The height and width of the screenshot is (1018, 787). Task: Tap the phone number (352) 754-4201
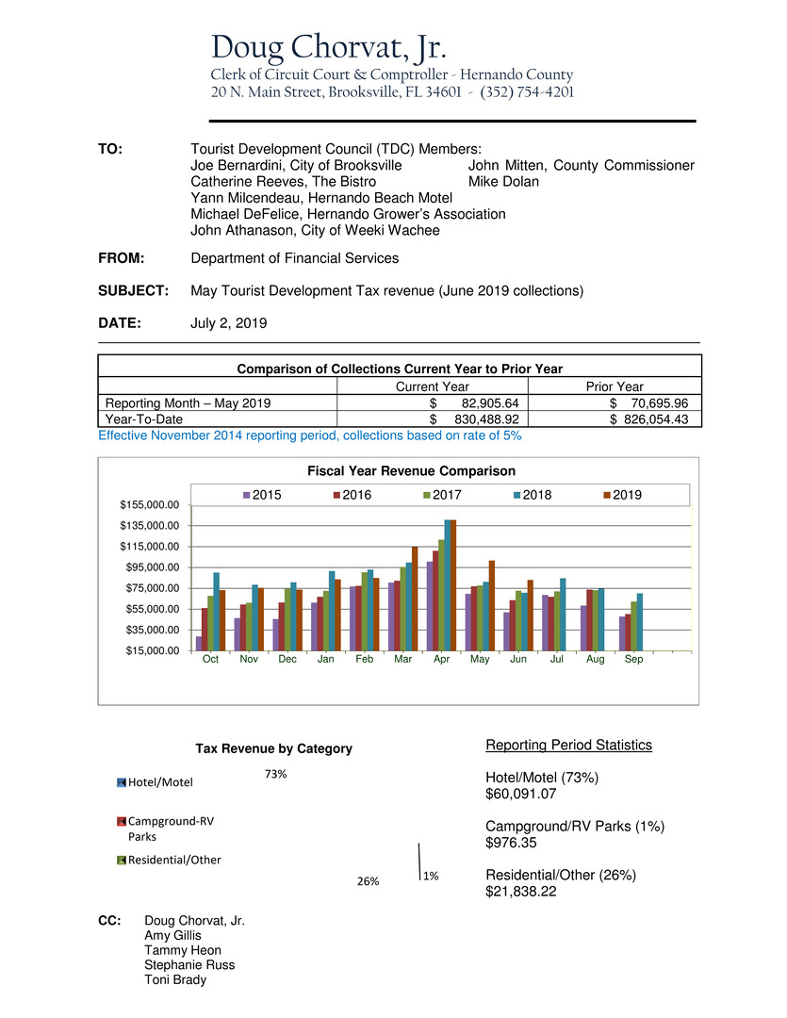tap(527, 92)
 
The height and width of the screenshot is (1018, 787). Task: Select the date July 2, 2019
tap(228, 322)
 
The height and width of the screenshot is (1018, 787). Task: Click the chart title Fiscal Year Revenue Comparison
tap(399, 470)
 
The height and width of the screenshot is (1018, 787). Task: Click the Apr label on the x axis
tap(441, 660)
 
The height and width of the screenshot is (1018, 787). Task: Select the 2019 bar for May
tap(491, 605)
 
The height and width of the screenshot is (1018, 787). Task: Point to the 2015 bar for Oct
tap(199, 643)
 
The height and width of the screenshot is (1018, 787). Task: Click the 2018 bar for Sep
tap(640, 621)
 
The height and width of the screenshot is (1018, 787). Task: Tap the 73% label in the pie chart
tap(275, 774)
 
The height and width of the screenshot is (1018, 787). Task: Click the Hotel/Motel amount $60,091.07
tap(520, 795)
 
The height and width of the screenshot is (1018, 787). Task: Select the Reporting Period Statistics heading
tap(568, 746)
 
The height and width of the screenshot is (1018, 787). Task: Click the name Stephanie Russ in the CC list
tap(189, 964)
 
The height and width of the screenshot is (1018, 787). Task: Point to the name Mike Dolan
tap(503, 181)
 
